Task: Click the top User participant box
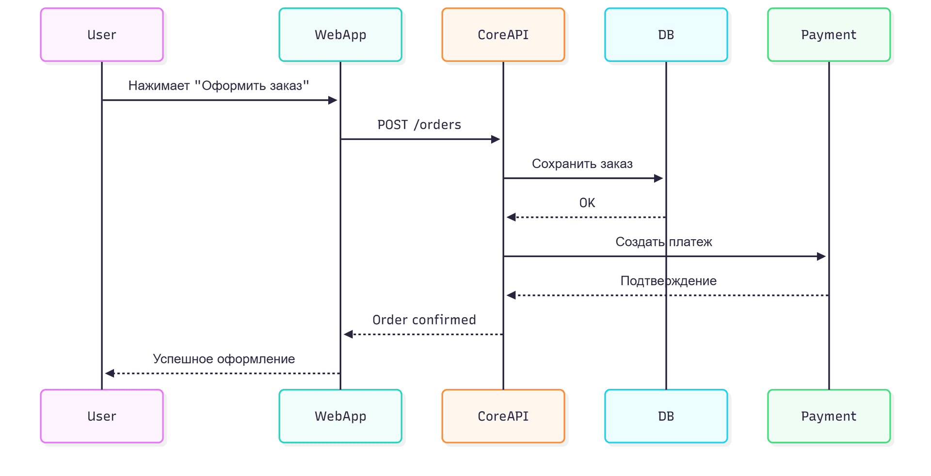click(102, 35)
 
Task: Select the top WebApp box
click(340, 35)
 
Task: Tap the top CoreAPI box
click(503, 35)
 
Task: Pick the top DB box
click(666, 35)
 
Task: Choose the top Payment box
click(829, 35)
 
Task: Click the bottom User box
click(102, 416)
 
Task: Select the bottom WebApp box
click(340, 416)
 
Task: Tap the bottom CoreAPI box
click(503, 416)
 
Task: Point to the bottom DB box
click(666, 416)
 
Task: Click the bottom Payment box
click(829, 416)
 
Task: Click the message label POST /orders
click(419, 125)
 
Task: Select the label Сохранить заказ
click(582, 164)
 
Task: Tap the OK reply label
click(587, 203)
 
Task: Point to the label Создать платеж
click(663, 242)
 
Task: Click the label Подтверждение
click(668, 281)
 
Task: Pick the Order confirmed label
click(424, 320)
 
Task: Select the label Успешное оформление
click(224, 359)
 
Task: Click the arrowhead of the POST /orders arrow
click(496, 139)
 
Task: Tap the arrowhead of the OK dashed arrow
click(511, 217)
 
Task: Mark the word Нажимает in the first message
click(159, 86)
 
